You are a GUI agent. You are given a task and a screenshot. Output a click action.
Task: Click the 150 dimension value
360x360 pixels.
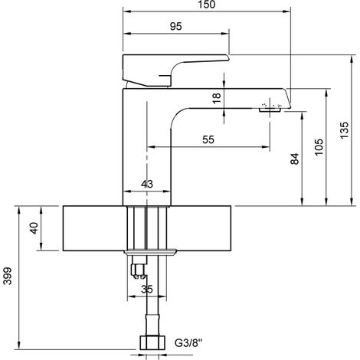(207, 5)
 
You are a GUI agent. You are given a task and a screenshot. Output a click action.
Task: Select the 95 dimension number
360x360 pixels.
(176, 26)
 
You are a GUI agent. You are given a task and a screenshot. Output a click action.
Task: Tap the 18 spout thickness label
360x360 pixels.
(216, 98)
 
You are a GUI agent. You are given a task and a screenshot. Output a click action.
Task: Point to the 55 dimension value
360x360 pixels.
(208, 139)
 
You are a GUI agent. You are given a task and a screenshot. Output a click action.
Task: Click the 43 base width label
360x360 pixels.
(147, 184)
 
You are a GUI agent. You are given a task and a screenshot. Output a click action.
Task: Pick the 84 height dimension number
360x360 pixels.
(295, 159)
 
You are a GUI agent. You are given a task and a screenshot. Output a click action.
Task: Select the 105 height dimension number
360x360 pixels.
(319, 147)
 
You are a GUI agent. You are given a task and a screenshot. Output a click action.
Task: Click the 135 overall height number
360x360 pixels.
(344, 130)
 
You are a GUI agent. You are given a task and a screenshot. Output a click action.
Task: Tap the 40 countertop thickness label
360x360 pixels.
(34, 228)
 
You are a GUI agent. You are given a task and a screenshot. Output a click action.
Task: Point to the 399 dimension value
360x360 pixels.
(8, 276)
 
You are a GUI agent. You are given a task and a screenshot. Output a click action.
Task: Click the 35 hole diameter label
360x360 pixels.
(147, 290)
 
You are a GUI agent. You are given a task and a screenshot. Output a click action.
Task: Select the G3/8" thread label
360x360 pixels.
(188, 343)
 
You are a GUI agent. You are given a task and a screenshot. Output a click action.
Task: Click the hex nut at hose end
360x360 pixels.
(152, 342)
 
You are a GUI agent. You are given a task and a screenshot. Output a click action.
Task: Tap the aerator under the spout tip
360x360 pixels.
(270, 110)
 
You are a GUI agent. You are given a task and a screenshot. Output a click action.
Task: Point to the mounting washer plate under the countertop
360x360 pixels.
(150, 251)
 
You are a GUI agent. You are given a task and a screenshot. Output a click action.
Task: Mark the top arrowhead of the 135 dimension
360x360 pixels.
(352, 58)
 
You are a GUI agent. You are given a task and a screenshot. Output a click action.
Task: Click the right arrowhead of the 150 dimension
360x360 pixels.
(287, 11)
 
